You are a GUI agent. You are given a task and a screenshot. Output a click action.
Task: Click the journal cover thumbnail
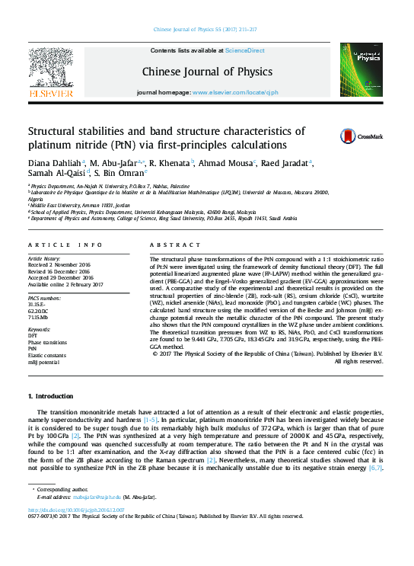tap(361, 69)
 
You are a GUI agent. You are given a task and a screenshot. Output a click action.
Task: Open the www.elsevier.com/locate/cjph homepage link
tap(235, 91)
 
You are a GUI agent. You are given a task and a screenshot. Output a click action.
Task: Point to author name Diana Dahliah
tap(54, 164)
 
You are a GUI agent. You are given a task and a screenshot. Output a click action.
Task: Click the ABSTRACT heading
tap(168, 245)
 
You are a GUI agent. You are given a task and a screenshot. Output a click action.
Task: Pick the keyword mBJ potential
tap(43, 363)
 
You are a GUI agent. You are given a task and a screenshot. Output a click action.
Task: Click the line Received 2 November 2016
tap(59, 265)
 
